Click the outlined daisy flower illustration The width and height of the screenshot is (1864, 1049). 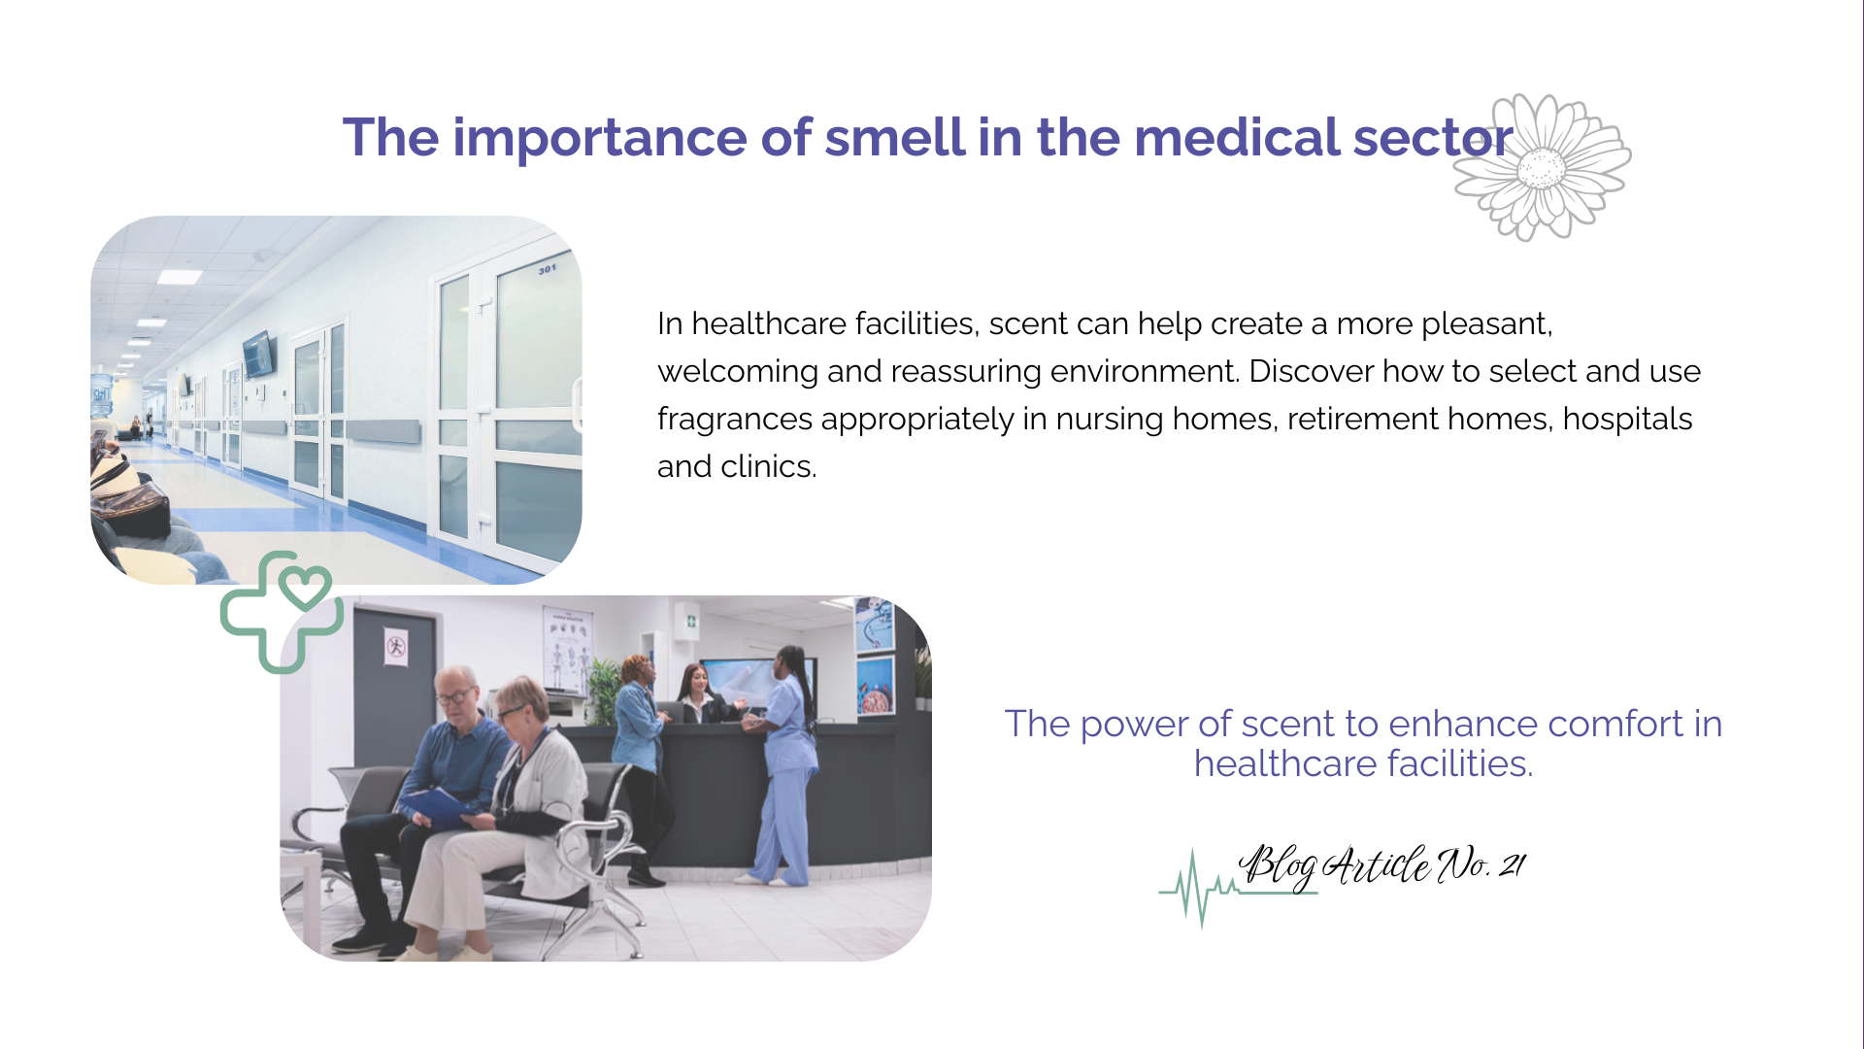click(x=1542, y=167)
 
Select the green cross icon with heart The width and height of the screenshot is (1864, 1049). click(x=282, y=612)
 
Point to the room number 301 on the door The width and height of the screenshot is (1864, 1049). click(x=548, y=268)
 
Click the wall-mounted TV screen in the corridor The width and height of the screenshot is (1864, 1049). click(x=259, y=354)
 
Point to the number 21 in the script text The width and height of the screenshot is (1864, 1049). click(x=1513, y=863)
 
